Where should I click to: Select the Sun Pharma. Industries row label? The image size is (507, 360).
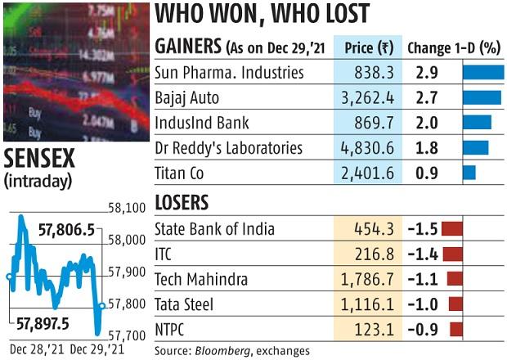tap(229, 73)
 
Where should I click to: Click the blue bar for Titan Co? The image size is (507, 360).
tap(469, 173)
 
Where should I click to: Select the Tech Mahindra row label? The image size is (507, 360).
tap(201, 280)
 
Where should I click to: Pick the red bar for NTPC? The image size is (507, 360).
tap(455, 330)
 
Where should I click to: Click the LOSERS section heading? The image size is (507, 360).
tap(181, 203)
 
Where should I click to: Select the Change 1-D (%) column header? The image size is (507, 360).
tap(453, 47)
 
